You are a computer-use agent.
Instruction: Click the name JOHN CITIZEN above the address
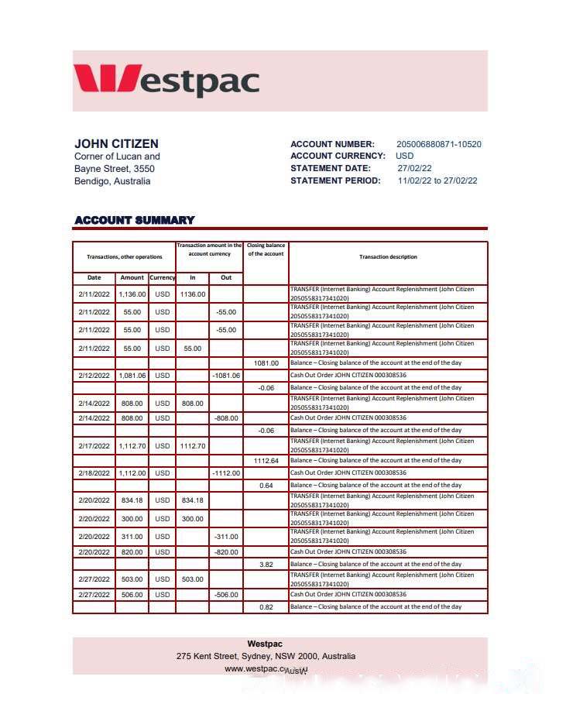[116, 143]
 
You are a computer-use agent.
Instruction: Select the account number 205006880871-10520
[438, 144]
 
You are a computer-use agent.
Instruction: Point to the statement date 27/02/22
[414, 168]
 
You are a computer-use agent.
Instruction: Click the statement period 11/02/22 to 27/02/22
[437, 180]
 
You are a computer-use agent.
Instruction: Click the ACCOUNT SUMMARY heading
[135, 220]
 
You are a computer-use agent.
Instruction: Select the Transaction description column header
[388, 257]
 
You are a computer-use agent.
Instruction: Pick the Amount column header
[132, 277]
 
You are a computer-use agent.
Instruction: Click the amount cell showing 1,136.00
[132, 294]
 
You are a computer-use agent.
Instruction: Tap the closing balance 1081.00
[266, 363]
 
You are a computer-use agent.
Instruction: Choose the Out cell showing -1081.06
[225, 376]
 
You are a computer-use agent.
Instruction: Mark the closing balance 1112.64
[266, 461]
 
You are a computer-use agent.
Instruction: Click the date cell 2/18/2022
[94, 473]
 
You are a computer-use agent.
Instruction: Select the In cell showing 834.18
[192, 500]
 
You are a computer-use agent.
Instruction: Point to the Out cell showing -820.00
[225, 552]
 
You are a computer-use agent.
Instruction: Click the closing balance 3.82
[266, 565]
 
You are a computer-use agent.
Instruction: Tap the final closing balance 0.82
[266, 607]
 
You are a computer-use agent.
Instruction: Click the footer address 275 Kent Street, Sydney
[266, 656]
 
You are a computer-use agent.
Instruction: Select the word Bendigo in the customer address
[91, 181]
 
